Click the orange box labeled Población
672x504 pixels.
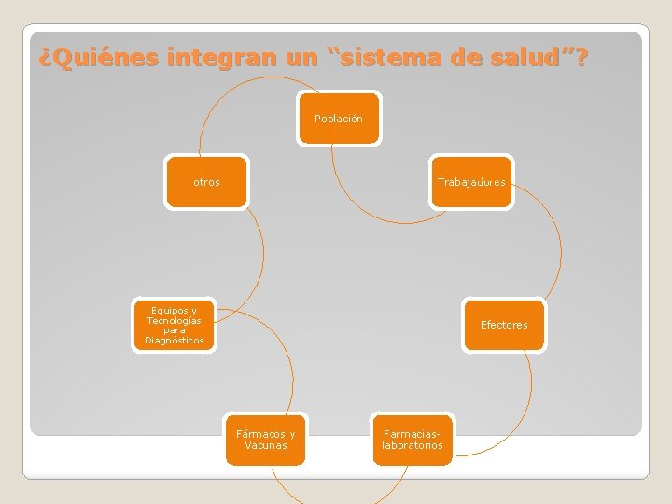[x=339, y=119]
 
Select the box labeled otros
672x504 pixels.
[x=207, y=182]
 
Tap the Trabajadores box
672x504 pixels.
[x=471, y=182]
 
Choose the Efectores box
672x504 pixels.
[x=504, y=325]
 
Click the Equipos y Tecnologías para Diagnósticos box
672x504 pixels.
[x=174, y=325]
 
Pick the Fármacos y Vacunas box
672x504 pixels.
[x=265, y=439]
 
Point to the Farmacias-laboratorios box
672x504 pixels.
[x=412, y=439]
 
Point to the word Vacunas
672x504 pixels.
[x=266, y=445]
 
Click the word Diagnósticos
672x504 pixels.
[x=175, y=341]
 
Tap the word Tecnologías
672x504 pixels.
[x=175, y=320]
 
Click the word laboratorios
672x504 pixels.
[x=413, y=445]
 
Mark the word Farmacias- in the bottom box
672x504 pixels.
[x=412, y=434]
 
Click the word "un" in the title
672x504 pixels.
[x=301, y=59]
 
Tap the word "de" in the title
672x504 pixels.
[x=464, y=59]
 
